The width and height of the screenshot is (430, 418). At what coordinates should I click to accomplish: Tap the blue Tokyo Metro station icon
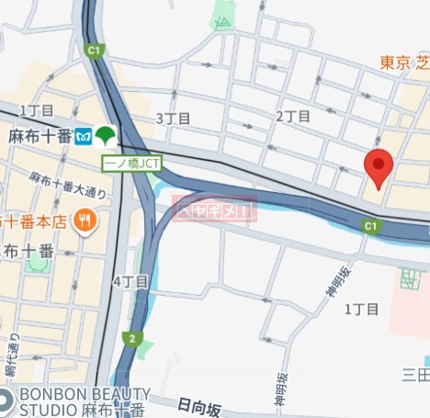coord(83,135)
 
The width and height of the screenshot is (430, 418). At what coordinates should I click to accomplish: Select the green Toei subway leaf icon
coord(107,135)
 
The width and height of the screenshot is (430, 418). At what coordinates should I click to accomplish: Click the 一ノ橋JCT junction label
coord(130,163)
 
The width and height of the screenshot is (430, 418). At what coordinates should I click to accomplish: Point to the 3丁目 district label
coord(173,119)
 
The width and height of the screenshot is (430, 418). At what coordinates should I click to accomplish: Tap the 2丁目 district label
coord(293,117)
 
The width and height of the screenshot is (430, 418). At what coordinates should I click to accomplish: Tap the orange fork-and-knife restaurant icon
coord(85,220)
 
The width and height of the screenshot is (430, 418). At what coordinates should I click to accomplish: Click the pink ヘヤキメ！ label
coord(214,211)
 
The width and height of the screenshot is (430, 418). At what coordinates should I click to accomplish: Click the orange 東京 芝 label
coord(404,62)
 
